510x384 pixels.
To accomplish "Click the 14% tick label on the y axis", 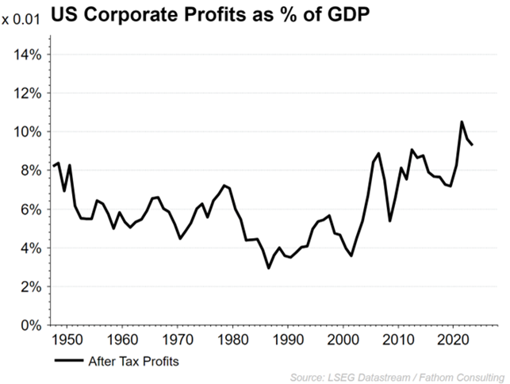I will (29, 55).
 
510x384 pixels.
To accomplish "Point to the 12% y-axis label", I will (29, 94).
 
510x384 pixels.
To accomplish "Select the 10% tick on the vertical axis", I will (29, 132).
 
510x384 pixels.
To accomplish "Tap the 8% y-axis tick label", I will (33, 171).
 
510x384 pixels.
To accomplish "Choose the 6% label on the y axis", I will (33, 209).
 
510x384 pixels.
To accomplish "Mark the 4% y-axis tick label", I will (33, 248).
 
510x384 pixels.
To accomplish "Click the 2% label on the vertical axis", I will (33, 287).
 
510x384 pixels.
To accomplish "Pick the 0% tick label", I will (33, 325).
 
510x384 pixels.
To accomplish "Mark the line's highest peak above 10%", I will (462, 121).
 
